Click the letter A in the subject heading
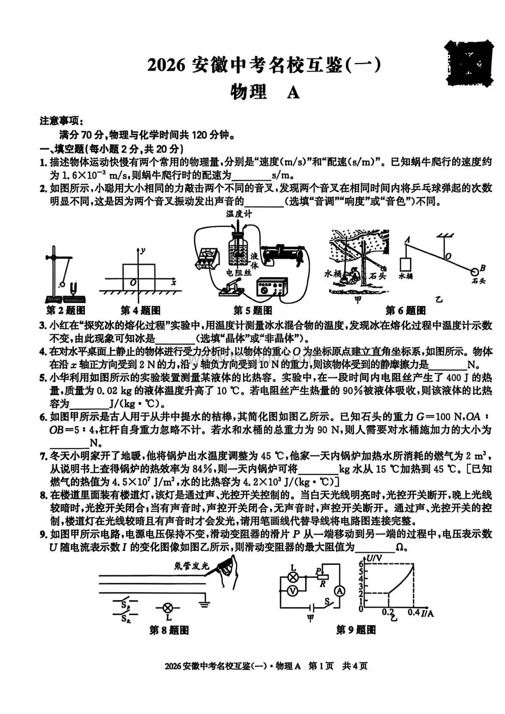click(293, 93)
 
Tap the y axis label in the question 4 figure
click(144, 250)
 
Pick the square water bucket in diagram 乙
click(406, 265)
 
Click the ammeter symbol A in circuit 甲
click(339, 590)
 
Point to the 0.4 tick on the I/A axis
click(413, 612)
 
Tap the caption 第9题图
click(356, 630)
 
